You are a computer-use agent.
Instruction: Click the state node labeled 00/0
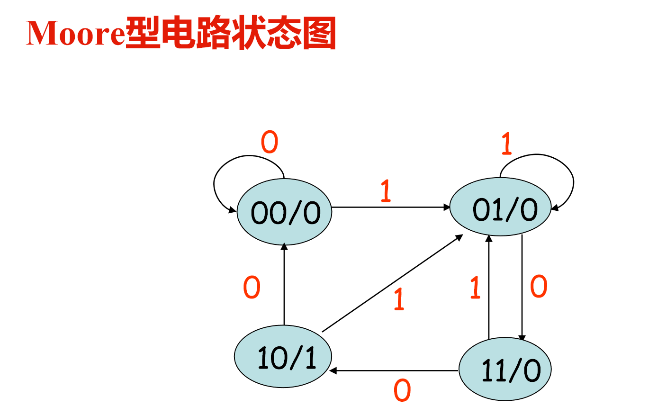tap(284, 212)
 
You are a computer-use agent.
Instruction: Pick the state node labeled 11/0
tap(505, 370)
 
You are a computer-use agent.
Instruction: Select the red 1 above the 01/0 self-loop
tap(506, 144)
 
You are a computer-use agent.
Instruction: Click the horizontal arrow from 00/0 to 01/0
tap(391, 207)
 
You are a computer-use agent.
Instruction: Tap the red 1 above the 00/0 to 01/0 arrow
tap(386, 192)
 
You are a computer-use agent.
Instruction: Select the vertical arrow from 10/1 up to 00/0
tap(284, 284)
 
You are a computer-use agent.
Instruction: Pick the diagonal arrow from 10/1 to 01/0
tap(392, 283)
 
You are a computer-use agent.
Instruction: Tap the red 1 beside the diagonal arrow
tap(399, 299)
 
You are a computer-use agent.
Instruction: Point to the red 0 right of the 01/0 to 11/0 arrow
tap(539, 287)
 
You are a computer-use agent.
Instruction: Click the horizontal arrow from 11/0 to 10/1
tap(395, 370)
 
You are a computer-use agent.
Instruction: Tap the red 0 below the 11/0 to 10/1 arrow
tap(402, 391)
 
